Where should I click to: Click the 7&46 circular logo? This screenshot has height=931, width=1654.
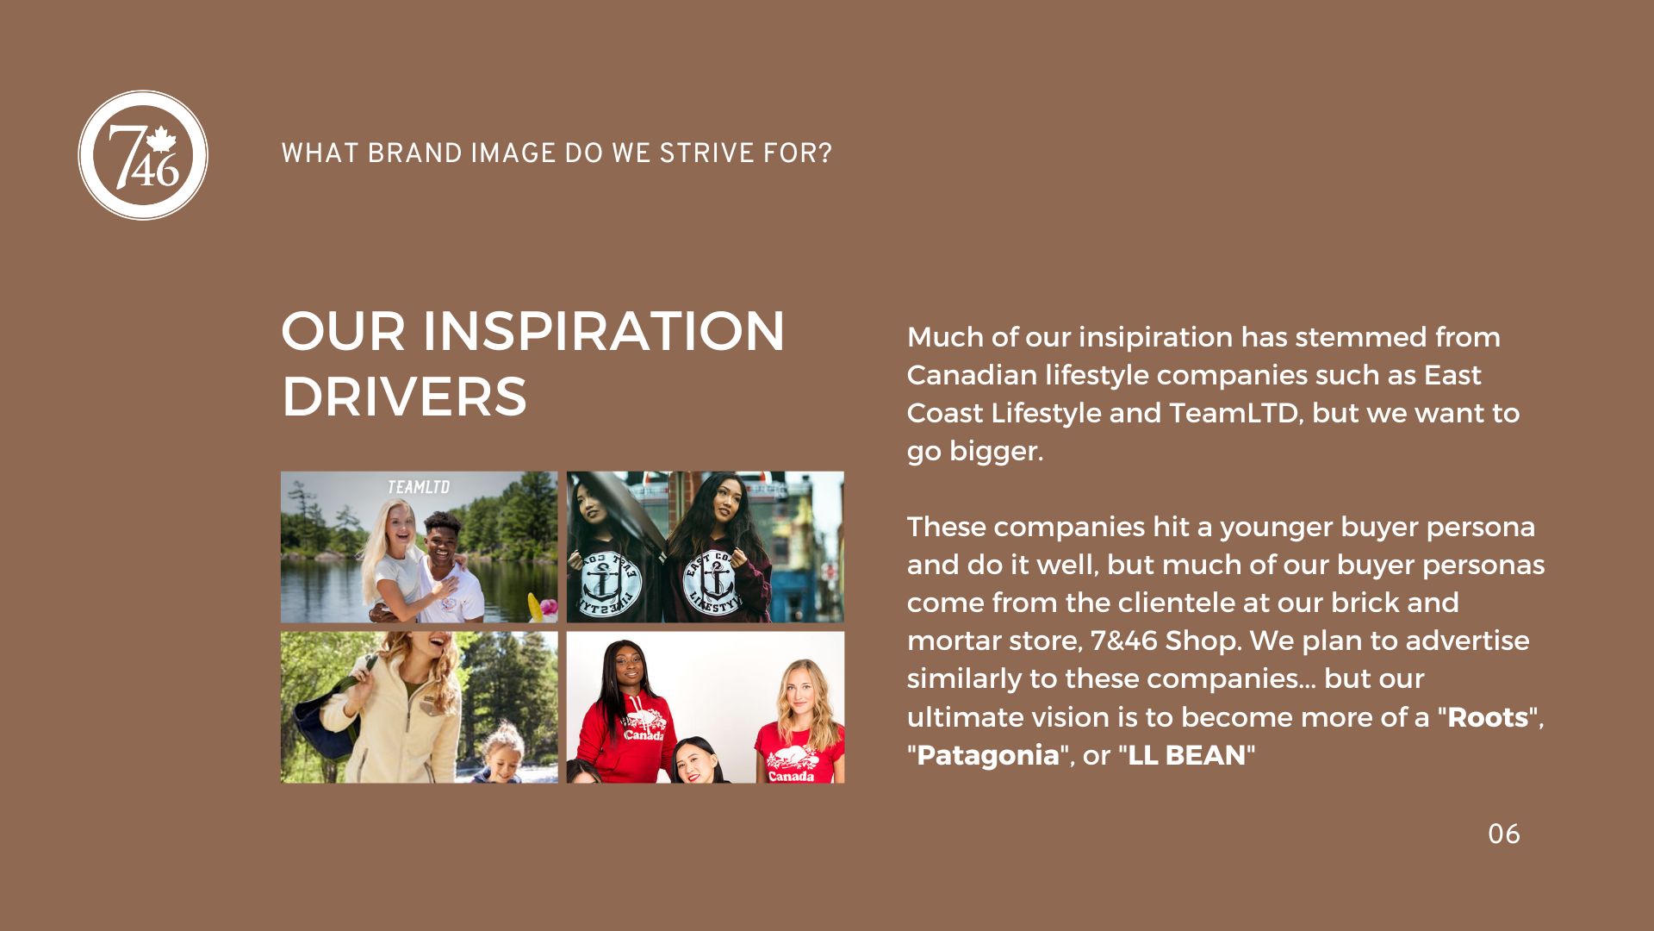143,155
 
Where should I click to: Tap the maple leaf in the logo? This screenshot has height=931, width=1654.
161,141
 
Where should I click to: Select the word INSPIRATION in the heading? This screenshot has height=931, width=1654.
603,332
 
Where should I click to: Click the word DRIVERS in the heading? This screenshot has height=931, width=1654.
404,397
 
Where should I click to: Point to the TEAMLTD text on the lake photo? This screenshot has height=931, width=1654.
419,487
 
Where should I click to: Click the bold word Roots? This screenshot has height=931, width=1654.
1488,717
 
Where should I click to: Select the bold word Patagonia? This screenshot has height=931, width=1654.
987,755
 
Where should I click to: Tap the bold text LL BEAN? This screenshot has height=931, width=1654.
1187,755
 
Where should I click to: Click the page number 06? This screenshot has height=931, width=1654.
1504,834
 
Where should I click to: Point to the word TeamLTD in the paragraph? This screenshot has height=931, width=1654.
1234,413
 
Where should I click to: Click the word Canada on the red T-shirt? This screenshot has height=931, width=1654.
791,776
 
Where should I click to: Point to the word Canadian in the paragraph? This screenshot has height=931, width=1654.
972,375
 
